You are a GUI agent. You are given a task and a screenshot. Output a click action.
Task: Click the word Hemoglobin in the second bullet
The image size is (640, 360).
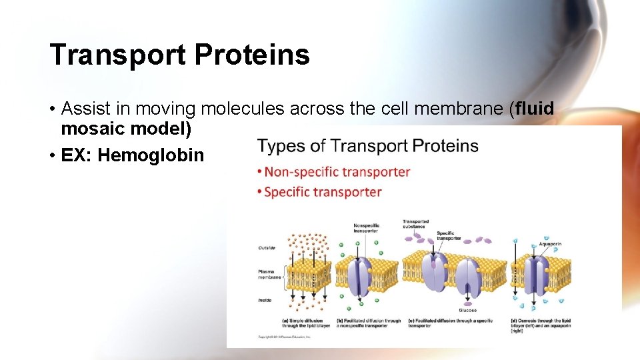click(151, 155)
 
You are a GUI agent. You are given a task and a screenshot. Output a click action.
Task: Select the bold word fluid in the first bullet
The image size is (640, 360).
click(534, 109)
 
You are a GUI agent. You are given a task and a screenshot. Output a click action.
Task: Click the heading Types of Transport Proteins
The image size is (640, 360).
click(367, 146)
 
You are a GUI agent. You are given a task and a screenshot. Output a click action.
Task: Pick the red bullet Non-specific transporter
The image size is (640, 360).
click(337, 172)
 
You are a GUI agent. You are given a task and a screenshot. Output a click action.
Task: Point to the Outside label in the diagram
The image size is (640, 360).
click(267, 248)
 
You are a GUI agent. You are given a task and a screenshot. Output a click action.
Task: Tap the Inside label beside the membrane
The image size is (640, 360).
click(265, 300)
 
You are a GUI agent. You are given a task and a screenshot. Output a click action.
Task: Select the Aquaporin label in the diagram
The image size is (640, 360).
click(550, 244)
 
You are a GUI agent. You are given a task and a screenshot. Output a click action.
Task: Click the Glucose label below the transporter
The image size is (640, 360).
click(467, 310)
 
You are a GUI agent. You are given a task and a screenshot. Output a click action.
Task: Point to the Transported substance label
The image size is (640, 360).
click(415, 224)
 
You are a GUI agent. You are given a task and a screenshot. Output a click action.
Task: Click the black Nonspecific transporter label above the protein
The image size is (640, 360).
click(366, 227)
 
